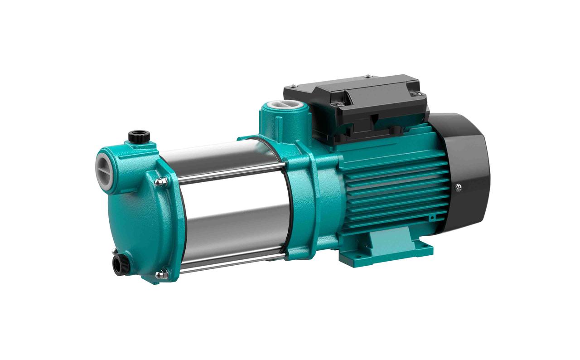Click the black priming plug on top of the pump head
[135, 136]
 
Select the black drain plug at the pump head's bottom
[121, 263]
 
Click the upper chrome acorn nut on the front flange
[159, 182]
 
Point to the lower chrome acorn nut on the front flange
[159, 274]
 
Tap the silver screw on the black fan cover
[459, 186]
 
